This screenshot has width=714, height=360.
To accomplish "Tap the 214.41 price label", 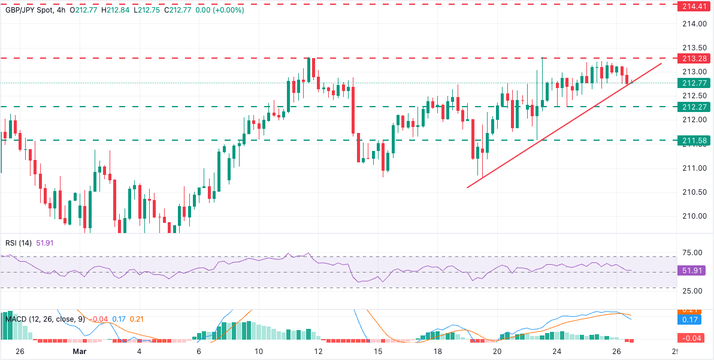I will (694, 4).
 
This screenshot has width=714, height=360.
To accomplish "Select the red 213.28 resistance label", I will (694, 58).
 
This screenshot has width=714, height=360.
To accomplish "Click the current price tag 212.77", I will (694, 83).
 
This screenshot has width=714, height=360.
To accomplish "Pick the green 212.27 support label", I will (694, 107).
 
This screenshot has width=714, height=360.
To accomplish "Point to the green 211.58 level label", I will (694, 140).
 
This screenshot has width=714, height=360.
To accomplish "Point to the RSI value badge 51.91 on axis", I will (694, 271).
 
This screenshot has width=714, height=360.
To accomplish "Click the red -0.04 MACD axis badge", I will (694, 338).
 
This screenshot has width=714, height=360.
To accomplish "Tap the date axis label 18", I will (437, 351).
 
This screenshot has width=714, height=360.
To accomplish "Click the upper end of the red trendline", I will (661, 63).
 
